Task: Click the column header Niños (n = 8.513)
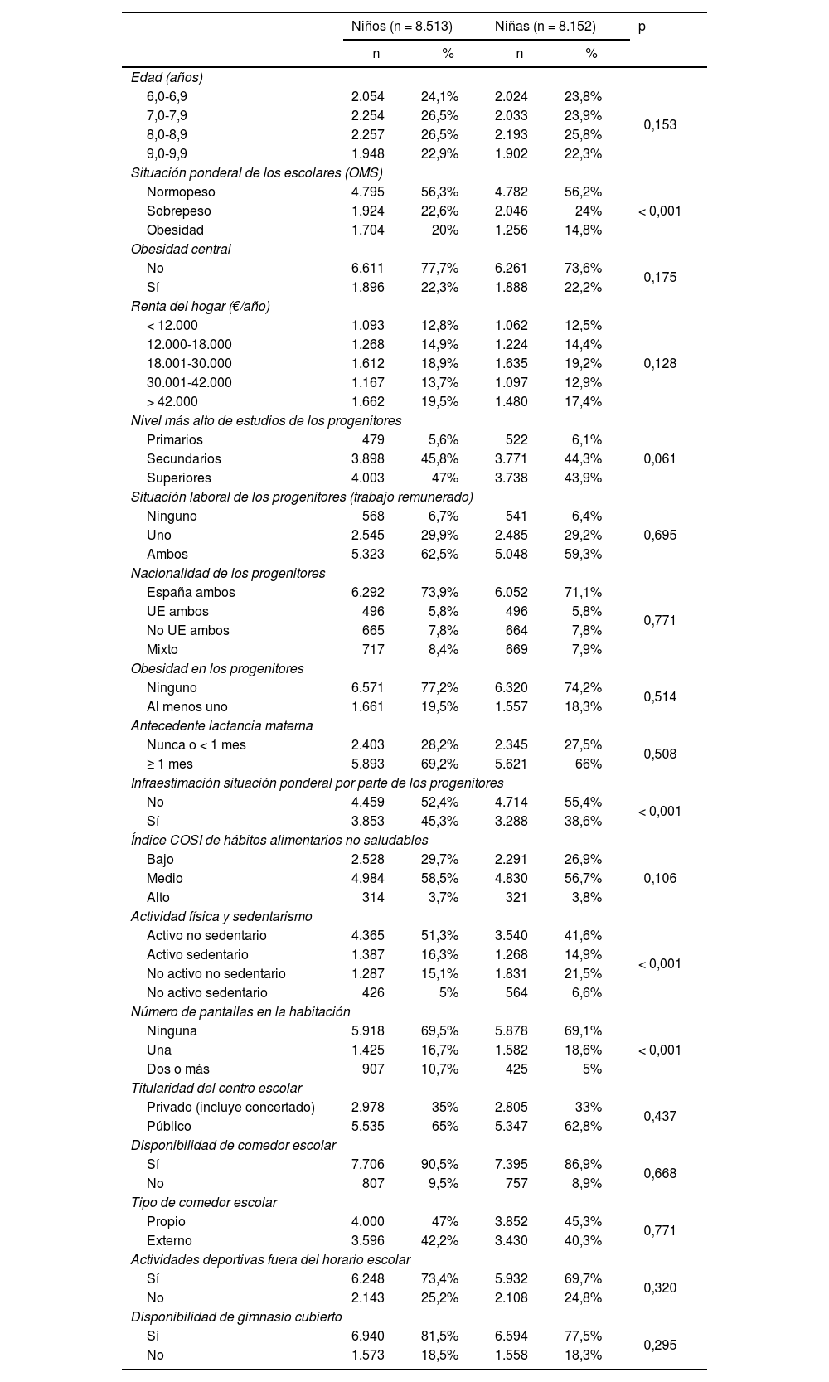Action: point(402,27)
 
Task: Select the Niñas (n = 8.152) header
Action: point(545,27)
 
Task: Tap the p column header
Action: point(642,27)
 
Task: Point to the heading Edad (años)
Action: point(167,78)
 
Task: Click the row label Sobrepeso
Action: point(179,211)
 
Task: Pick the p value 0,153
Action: point(660,125)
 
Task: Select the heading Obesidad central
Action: point(181,250)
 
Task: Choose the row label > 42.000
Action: point(172,402)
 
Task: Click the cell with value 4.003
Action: point(368,478)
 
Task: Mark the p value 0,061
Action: point(660,459)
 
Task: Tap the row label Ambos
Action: point(167,555)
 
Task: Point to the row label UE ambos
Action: point(177,612)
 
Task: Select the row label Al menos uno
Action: point(187,707)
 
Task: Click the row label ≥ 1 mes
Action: point(170,764)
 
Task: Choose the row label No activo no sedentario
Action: point(216,974)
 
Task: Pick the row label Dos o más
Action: point(178,1069)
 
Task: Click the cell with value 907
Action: point(373,1069)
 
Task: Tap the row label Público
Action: point(169,1127)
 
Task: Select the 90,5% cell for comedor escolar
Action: point(440,1165)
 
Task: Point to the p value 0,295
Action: point(660,1346)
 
